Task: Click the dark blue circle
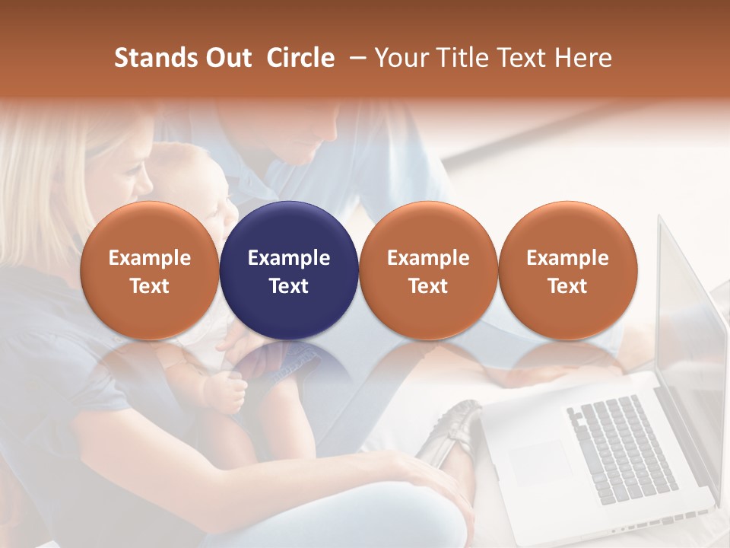pos(289,271)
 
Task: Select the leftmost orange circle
pos(150,271)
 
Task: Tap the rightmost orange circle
pos(567,271)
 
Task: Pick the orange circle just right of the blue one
pos(428,271)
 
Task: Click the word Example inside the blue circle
pos(289,258)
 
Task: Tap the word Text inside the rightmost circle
pos(567,286)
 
